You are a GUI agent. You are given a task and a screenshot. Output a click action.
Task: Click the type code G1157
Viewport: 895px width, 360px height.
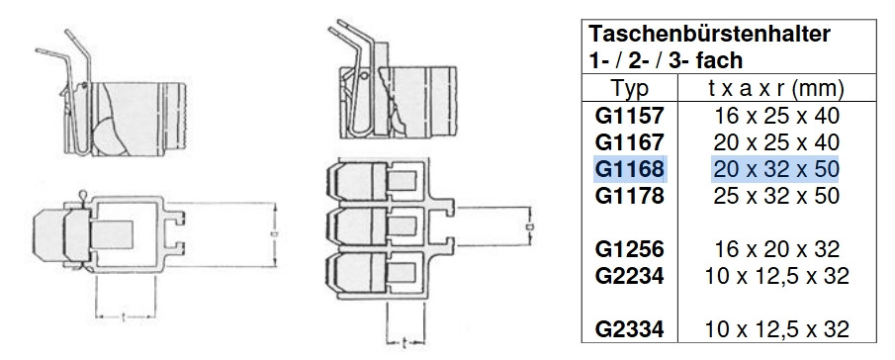point(630,116)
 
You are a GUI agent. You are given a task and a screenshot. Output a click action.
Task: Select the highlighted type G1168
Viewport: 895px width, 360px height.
point(630,169)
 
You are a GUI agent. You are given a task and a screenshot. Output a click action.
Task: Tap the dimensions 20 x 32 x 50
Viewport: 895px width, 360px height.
point(776,169)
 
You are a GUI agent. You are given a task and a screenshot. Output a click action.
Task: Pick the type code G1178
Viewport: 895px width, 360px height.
point(630,196)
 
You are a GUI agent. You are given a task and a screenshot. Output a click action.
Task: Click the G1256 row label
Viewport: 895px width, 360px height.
point(630,249)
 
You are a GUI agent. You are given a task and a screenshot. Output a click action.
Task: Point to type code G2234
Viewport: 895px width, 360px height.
point(630,276)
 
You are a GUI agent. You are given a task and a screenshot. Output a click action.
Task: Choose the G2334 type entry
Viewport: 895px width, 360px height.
point(630,329)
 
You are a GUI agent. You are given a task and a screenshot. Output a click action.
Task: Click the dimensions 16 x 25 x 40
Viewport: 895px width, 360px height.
point(776,116)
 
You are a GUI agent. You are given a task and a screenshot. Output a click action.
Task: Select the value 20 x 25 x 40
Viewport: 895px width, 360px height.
point(776,142)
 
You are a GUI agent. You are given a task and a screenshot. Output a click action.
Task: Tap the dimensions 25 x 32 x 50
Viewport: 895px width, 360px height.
point(776,196)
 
